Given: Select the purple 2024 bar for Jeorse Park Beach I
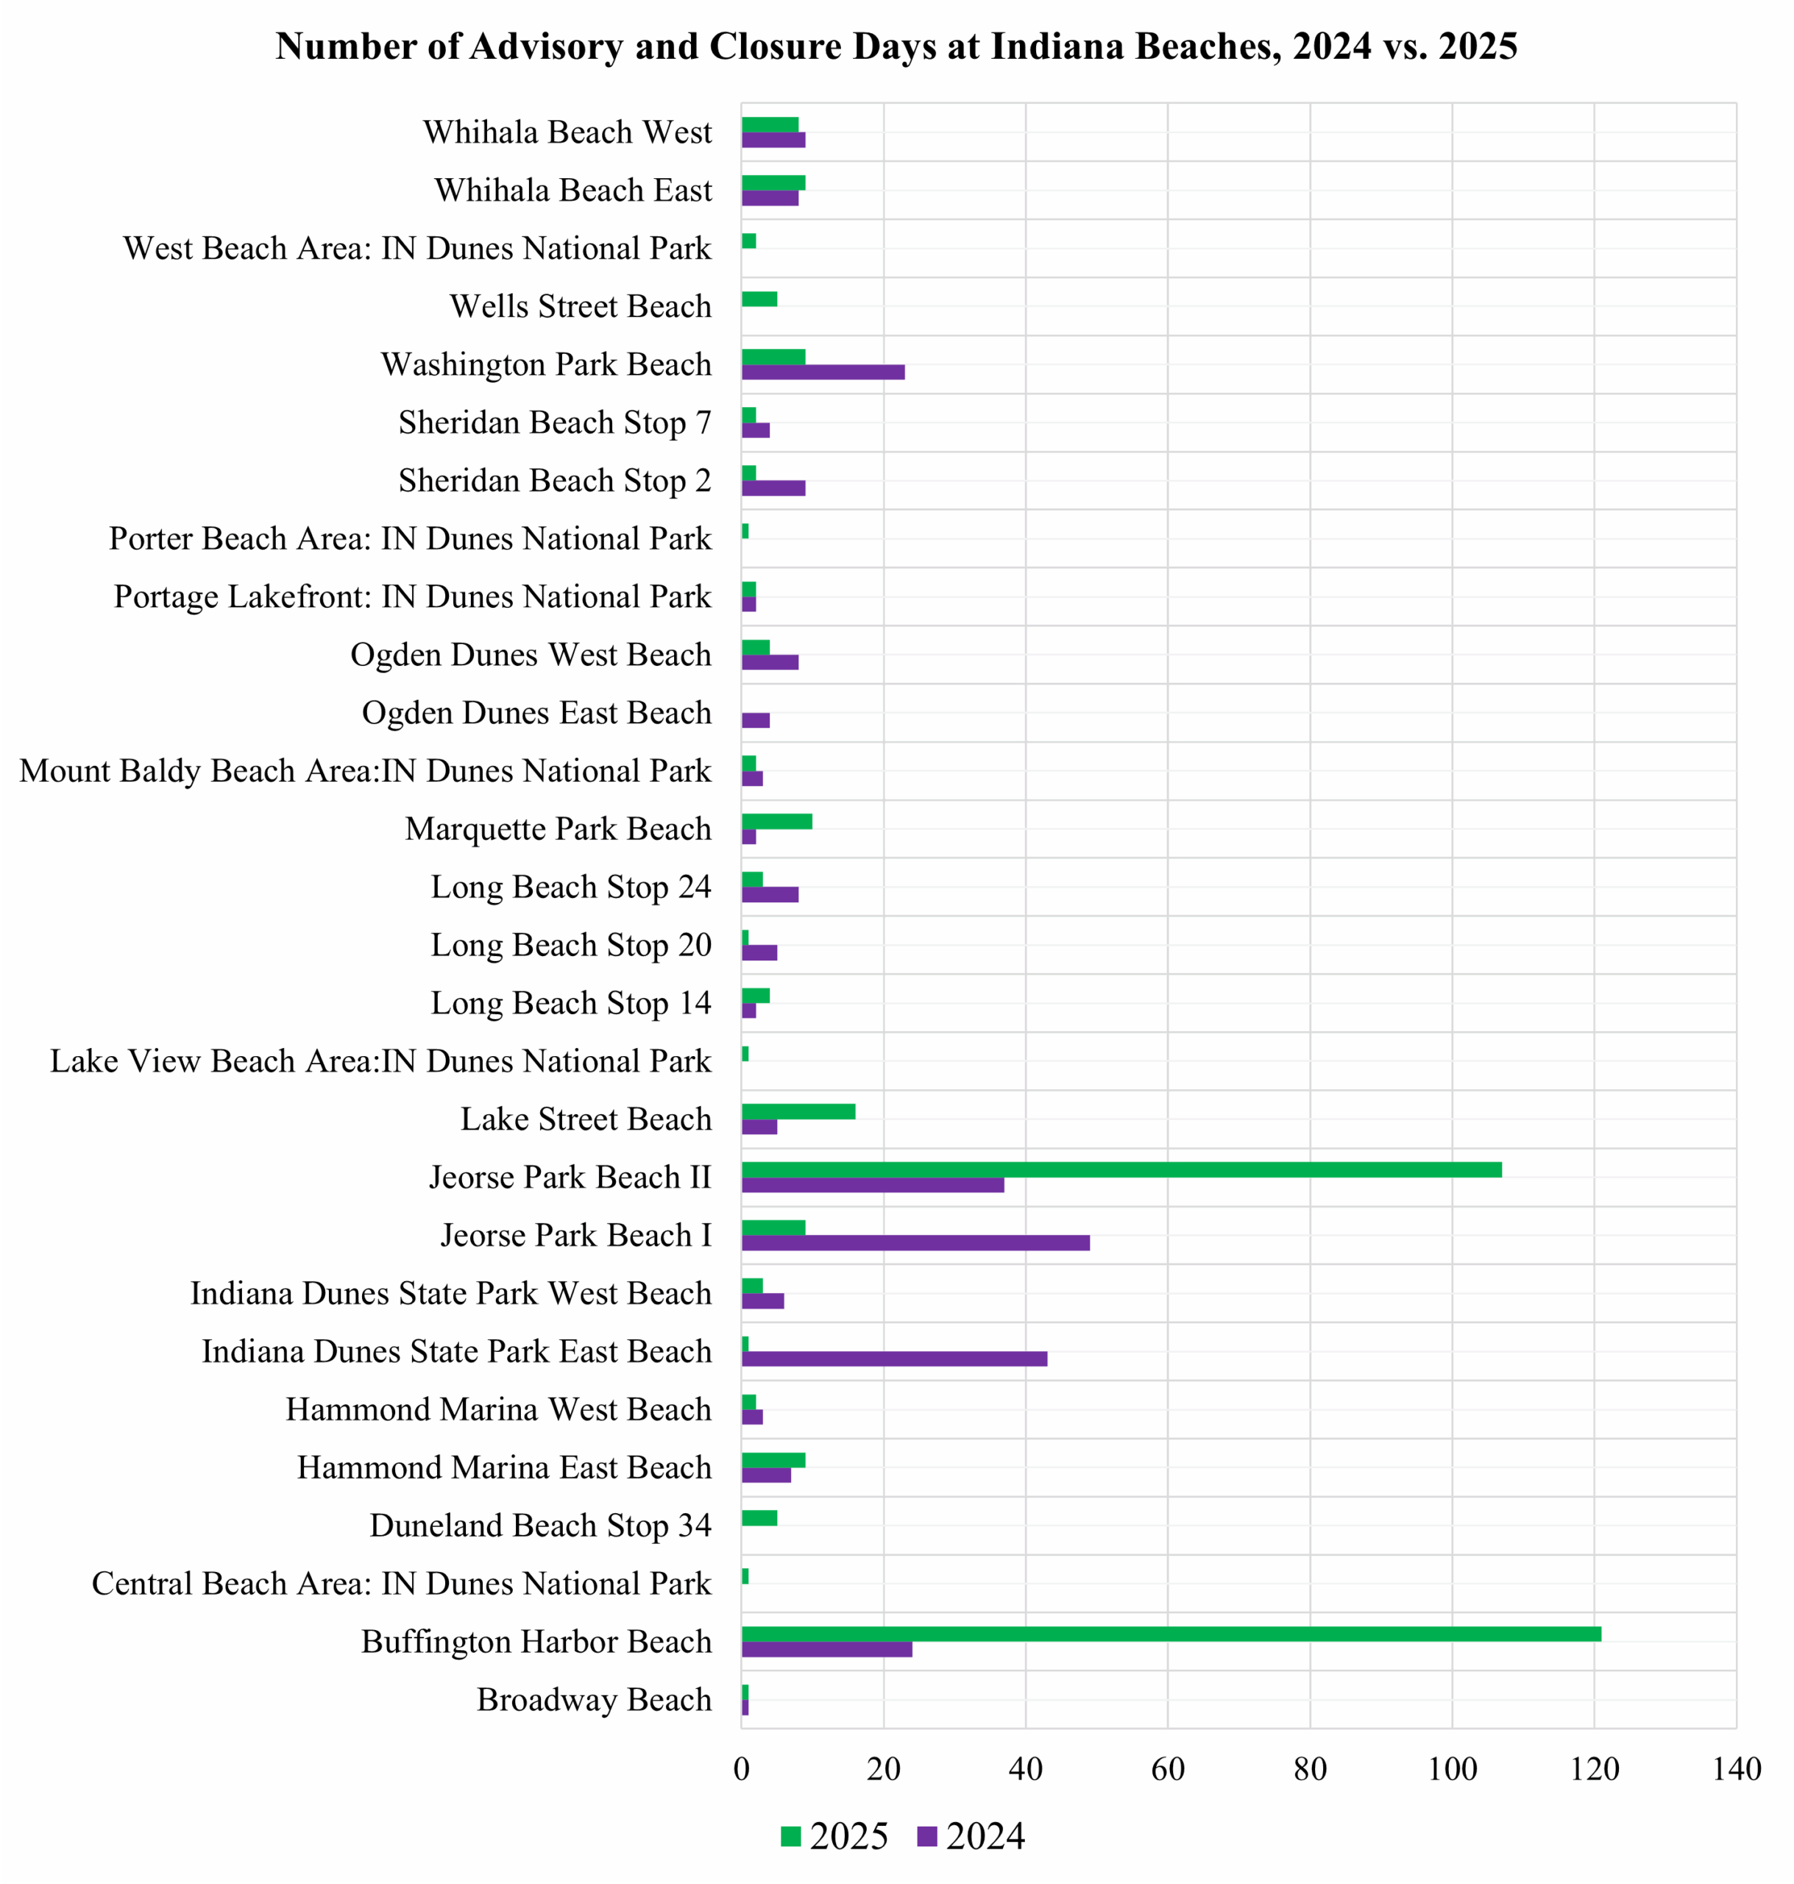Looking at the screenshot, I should click(915, 1242).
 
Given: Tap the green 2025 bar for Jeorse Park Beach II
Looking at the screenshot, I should click(1121, 1169).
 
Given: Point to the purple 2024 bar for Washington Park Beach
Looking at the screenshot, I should click(823, 372).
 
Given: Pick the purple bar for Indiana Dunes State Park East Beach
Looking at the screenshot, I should click(894, 1358).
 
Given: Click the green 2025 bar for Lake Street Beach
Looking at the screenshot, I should click(798, 1111).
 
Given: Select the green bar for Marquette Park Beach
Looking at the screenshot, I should click(776, 821).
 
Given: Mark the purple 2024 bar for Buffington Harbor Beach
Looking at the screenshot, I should click(826, 1648).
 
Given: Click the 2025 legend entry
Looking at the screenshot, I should click(834, 1835).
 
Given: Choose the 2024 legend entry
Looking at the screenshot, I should click(971, 1835).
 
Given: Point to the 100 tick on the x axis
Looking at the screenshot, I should click(1452, 1768).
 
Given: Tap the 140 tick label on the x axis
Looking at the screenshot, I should click(1736, 1768).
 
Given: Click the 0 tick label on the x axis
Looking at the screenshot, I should click(742, 1768).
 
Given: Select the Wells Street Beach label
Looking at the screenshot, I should click(581, 306).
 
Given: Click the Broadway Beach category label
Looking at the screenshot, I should click(594, 1699).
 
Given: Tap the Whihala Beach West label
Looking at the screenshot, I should click(567, 132).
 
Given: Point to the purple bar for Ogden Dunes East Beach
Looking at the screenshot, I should click(756, 720).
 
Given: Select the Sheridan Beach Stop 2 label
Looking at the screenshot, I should click(555, 480).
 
